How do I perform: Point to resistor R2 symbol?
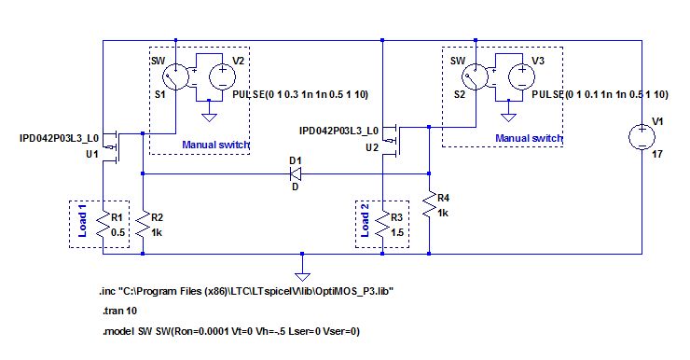142,224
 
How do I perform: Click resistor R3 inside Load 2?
382,224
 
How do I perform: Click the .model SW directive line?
229,331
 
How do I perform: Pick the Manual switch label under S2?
529,138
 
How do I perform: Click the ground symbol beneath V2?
210,117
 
